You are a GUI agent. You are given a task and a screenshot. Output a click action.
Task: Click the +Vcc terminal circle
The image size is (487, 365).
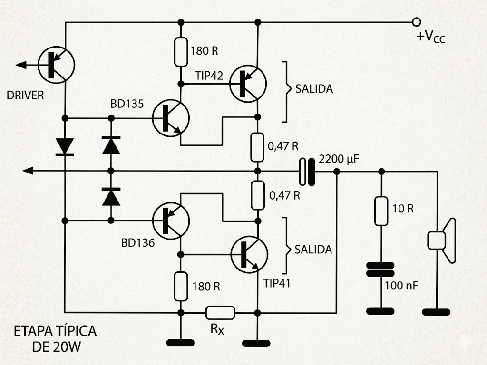click(x=417, y=22)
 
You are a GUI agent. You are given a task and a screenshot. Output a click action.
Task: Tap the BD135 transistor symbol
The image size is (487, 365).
click(x=171, y=117)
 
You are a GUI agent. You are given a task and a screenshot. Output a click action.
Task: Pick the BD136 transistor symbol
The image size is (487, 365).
click(x=171, y=220)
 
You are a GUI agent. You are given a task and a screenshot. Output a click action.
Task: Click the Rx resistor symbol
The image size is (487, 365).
click(x=220, y=312)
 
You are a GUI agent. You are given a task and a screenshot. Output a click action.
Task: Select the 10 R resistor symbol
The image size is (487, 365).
click(x=381, y=211)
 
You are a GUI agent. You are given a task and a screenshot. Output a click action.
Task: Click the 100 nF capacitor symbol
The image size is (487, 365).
click(x=380, y=269)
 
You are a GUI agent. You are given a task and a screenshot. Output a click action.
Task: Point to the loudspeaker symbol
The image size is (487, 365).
click(x=441, y=240)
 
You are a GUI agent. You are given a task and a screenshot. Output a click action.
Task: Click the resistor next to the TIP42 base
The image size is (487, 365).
click(x=181, y=52)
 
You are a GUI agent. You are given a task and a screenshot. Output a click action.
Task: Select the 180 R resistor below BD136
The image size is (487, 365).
click(x=181, y=286)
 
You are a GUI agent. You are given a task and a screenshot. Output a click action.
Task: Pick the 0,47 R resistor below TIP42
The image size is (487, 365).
click(x=257, y=147)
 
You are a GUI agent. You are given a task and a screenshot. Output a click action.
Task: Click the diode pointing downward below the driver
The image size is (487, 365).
click(x=64, y=146)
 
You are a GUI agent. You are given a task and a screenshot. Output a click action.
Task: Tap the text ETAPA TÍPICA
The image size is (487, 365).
click(x=55, y=331)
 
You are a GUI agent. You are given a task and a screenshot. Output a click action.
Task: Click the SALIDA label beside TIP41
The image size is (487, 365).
click(x=313, y=250)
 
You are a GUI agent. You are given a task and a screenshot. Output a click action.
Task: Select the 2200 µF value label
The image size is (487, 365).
click(x=339, y=159)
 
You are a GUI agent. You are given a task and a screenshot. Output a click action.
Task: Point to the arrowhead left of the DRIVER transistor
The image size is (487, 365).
click(x=20, y=65)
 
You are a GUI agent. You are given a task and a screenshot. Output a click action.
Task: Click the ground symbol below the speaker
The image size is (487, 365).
click(x=436, y=312)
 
